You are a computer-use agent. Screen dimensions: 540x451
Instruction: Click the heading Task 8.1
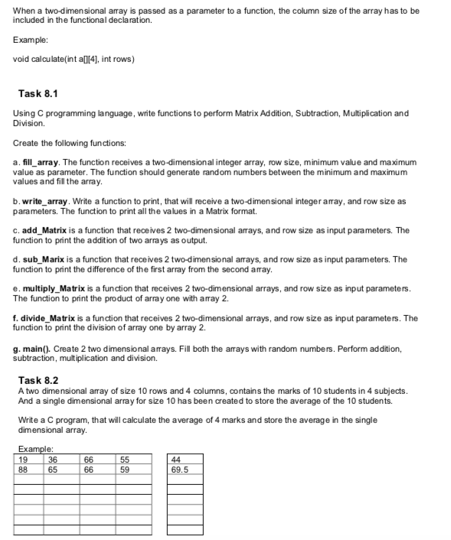click(x=38, y=94)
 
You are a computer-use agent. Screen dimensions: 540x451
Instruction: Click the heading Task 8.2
click(x=38, y=379)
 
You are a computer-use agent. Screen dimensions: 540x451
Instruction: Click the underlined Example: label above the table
click(x=33, y=451)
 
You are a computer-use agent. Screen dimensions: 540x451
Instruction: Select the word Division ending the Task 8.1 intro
click(x=29, y=123)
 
